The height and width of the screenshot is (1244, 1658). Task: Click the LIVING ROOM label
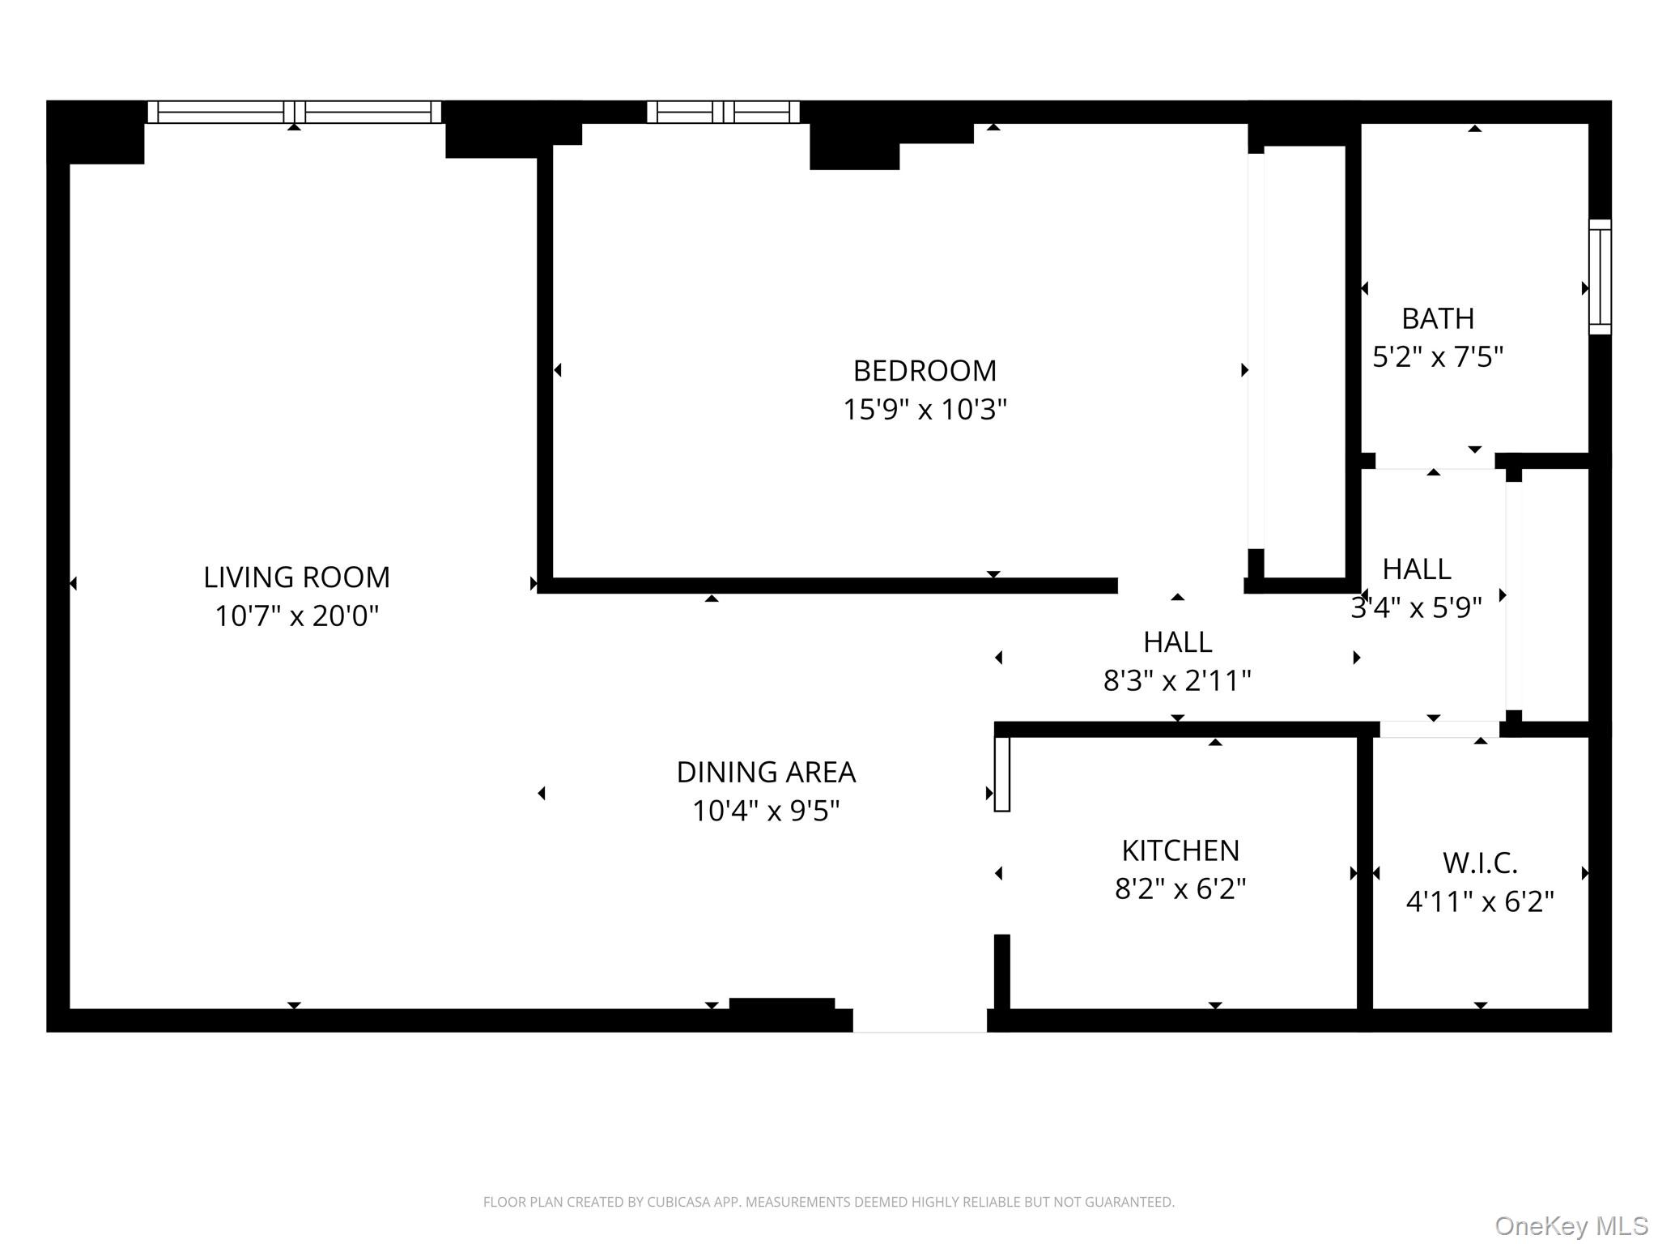click(296, 577)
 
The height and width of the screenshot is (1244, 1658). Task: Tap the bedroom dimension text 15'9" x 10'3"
click(925, 410)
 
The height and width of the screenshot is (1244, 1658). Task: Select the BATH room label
click(1438, 318)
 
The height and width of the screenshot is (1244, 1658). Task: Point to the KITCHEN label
click(1180, 850)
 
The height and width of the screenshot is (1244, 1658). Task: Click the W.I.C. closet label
click(1480, 863)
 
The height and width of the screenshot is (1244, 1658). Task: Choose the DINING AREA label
click(766, 773)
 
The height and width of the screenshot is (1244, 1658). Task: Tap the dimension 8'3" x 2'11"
click(1177, 681)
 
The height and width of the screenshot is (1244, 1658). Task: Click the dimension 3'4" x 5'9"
click(1416, 607)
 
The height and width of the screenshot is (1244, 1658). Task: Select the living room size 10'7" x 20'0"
click(296, 616)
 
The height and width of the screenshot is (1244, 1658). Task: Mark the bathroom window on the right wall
click(1600, 277)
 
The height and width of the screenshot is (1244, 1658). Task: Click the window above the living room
click(295, 112)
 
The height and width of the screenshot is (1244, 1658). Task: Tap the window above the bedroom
click(723, 112)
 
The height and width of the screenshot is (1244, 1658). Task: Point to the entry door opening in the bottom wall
click(920, 1020)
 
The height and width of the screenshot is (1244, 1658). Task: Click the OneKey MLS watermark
click(1571, 1226)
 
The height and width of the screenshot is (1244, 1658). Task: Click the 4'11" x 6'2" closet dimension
click(1480, 901)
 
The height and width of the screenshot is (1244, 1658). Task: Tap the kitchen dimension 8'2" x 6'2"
click(1180, 889)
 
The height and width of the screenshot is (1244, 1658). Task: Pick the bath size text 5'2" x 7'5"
click(1438, 357)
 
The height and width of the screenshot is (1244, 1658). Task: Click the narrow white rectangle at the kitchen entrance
click(1001, 773)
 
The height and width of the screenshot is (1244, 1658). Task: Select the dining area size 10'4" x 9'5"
click(766, 811)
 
